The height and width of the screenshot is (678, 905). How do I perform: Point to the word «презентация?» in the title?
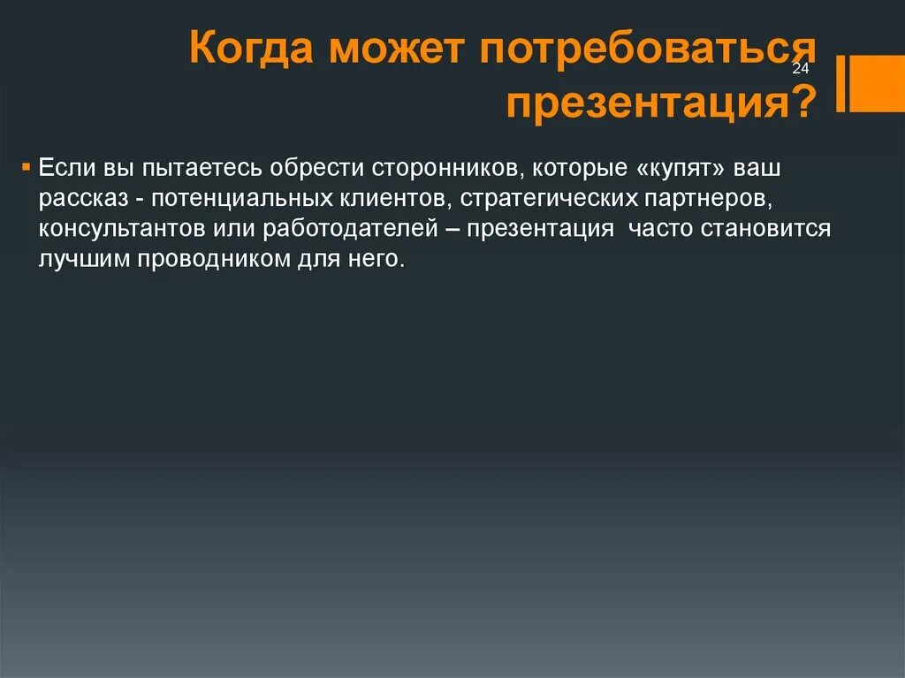click(661, 103)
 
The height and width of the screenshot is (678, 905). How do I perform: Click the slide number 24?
click(801, 70)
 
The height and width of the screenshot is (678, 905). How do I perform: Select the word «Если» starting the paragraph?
click(64, 167)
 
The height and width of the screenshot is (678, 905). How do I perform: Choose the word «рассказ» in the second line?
click(85, 199)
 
